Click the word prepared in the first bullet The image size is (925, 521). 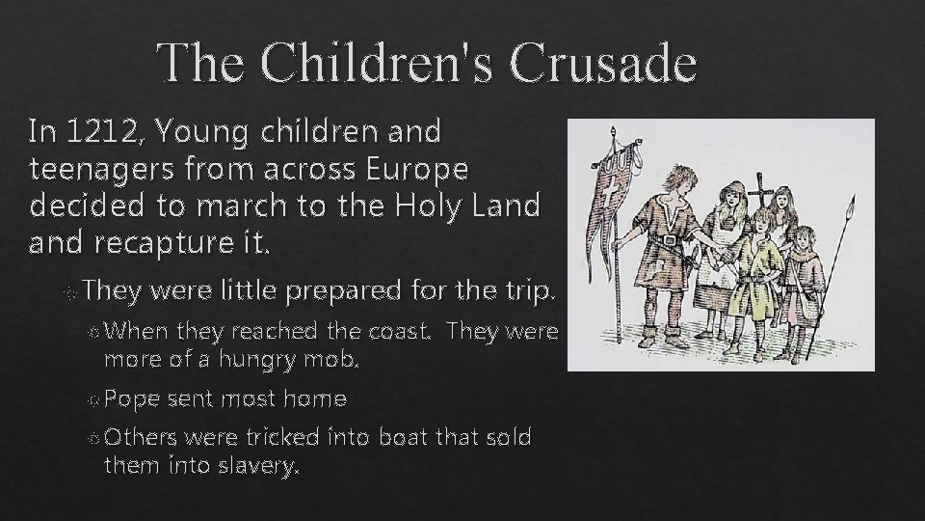337,289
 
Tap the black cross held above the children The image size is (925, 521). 765,189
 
